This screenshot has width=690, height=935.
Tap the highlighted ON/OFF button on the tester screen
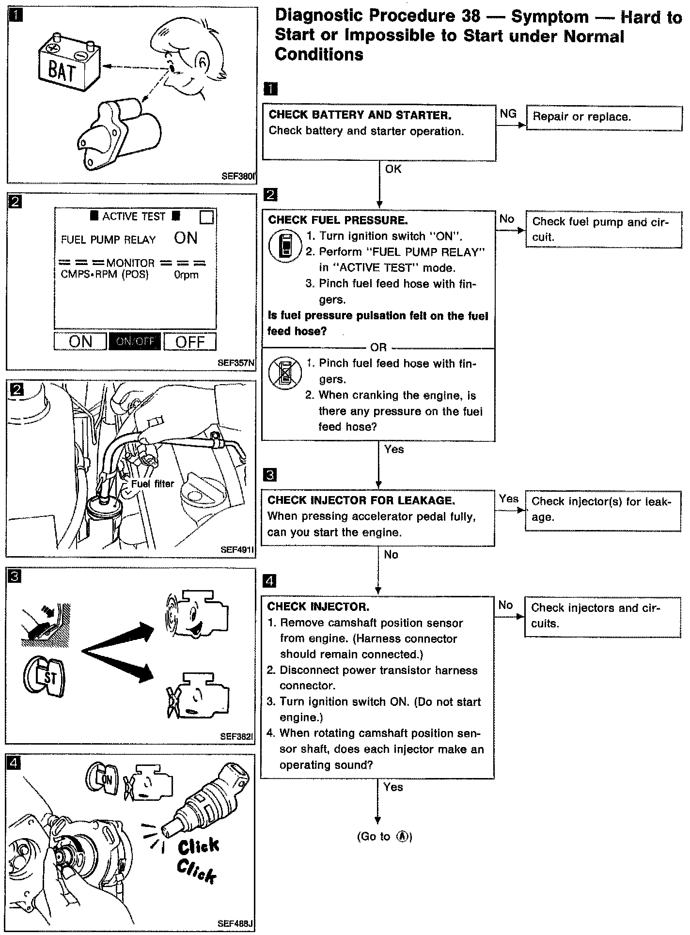135,341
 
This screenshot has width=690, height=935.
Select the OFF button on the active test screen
190,342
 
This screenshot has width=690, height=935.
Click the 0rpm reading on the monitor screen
187,275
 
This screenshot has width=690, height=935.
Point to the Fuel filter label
152,484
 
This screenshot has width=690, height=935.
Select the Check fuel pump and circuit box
603,229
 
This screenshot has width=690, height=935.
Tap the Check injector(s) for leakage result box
603,510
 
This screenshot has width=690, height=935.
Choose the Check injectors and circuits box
602,616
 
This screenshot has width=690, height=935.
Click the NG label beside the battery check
508,113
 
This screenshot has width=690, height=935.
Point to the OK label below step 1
393,169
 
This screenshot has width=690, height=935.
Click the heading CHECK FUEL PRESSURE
338,220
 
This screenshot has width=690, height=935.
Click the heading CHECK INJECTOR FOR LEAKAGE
361,500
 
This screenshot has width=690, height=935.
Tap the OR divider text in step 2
378,347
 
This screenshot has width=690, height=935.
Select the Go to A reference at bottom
384,837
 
